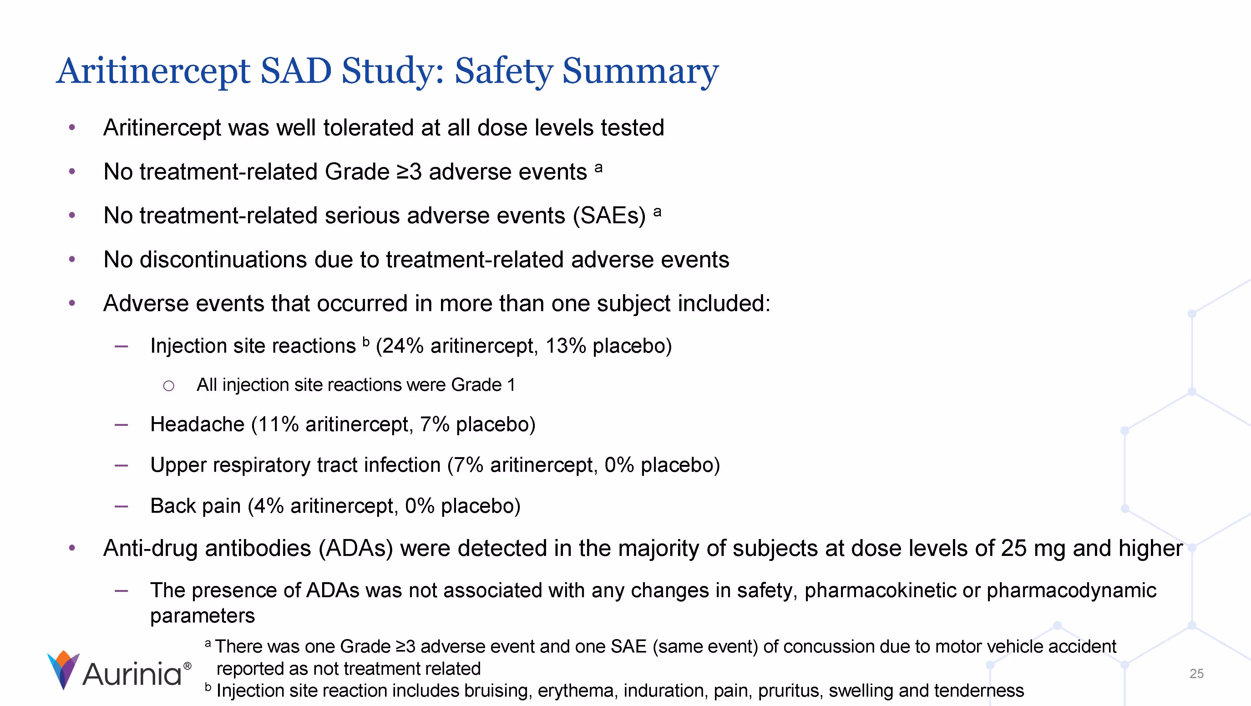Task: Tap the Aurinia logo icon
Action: point(63,670)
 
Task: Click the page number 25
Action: point(1196,673)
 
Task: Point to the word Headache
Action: point(197,424)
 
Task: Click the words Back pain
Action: point(195,506)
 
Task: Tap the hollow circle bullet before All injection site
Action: point(169,386)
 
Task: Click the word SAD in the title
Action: point(295,71)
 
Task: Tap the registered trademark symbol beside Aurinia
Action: point(187,666)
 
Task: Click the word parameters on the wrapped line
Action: point(202,616)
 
